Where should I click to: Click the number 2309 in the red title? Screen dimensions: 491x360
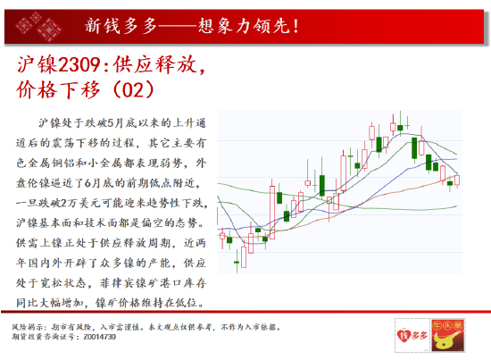coord(79,65)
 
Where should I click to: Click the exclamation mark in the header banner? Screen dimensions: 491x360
coord(295,26)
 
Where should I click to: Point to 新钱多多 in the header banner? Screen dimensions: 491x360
coord(121,26)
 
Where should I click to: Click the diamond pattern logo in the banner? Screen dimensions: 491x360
coord(38,26)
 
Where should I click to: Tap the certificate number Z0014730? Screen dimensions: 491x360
coord(100,337)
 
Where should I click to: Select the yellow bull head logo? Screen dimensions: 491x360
coord(448,335)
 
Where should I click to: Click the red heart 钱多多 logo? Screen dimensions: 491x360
coord(412,335)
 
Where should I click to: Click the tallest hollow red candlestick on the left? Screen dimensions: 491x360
coord(272,212)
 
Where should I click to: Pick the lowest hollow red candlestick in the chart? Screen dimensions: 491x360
coord(244,257)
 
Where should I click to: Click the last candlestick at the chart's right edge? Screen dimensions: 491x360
coord(457,180)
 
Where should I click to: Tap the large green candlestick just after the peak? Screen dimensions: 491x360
coord(414,148)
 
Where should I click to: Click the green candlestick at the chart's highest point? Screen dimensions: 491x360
coord(400,127)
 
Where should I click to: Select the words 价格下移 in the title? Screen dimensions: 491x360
coord(59,90)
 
